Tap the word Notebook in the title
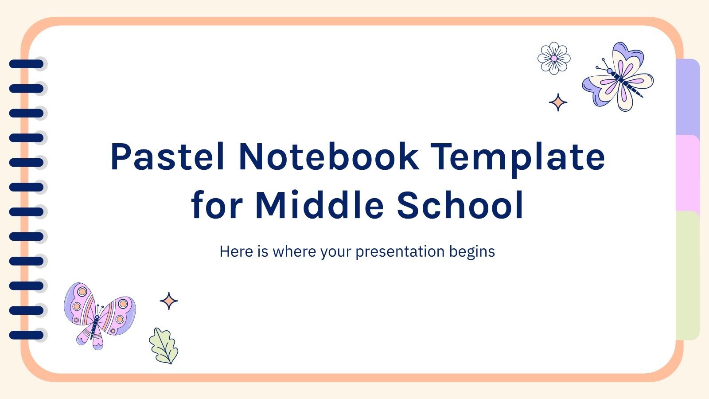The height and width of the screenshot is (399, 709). [x=328, y=157]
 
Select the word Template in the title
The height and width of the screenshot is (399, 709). [x=518, y=157]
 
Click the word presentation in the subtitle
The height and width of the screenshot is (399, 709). [x=400, y=252]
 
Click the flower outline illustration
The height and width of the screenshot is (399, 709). [x=554, y=58]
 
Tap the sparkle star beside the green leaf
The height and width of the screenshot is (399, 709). [x=169, y=301]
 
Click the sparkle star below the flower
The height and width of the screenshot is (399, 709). [x=558, y=102]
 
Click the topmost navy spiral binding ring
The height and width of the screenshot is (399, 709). [x=27, y=64]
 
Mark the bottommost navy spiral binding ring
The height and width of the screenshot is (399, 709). [x=27, y=335]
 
